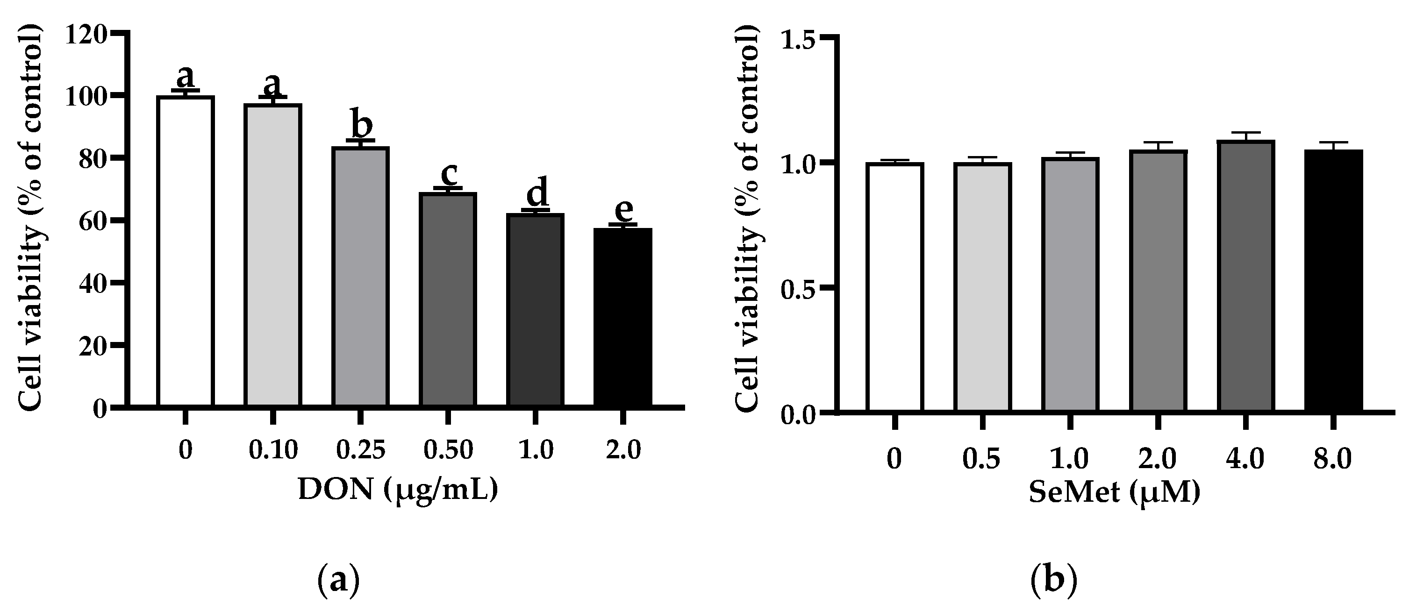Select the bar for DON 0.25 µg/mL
[360, 277]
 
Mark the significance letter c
[449, 173]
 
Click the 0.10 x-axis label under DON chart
[273, 450]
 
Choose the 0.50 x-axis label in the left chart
[449, 450]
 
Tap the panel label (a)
[338, 582]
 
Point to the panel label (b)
[1054, 582]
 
